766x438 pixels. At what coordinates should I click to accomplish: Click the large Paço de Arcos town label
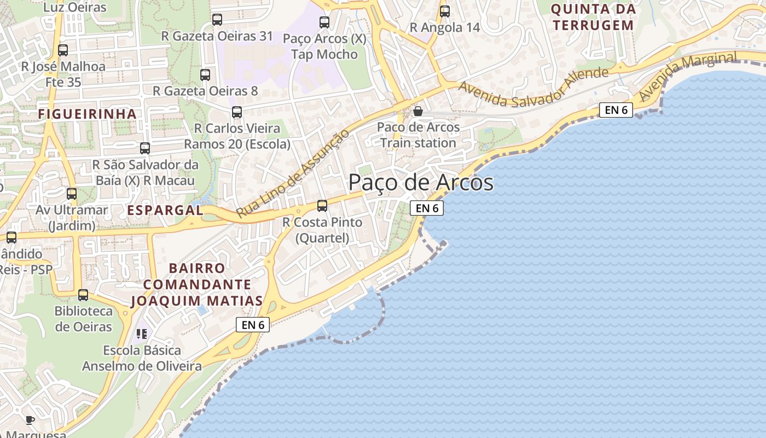click(x=421, y=182)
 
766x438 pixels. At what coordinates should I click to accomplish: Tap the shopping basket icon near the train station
click(x=418, y=111)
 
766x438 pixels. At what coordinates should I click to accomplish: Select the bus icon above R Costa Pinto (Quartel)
click(x=322, y=206)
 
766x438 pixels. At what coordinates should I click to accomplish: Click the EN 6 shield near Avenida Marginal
click(x=616, y=110)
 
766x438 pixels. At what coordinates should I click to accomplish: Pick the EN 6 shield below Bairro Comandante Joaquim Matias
click(x=253, y=325)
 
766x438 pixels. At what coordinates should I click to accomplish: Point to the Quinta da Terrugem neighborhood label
click(x=593, y=17)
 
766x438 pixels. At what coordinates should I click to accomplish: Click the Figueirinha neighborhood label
click(x=87, y=114)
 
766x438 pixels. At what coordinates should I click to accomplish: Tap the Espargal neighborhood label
click(x=165, y=210)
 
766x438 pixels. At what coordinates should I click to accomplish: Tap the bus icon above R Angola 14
click(x=445, y=11)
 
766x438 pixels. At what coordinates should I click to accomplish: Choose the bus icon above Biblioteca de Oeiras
click(x=83, y=295)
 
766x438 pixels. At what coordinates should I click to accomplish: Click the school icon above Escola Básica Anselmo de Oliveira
click(x=142, y=333)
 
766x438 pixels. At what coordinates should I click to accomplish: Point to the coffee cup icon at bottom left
click(x=30, y=420)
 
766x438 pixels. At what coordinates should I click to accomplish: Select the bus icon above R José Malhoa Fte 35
click(x=63, y=50)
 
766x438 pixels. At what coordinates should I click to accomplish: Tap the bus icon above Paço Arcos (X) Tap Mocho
click(x=324, y=22)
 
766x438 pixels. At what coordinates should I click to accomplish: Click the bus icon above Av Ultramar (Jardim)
click(x=72, y=193)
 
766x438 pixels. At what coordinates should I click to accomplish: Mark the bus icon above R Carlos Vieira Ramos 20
click(x=237, y=112)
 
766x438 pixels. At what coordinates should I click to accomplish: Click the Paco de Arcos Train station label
click(x=418, y=135)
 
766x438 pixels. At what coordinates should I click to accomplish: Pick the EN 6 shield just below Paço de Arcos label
click(x=427, y=208)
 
